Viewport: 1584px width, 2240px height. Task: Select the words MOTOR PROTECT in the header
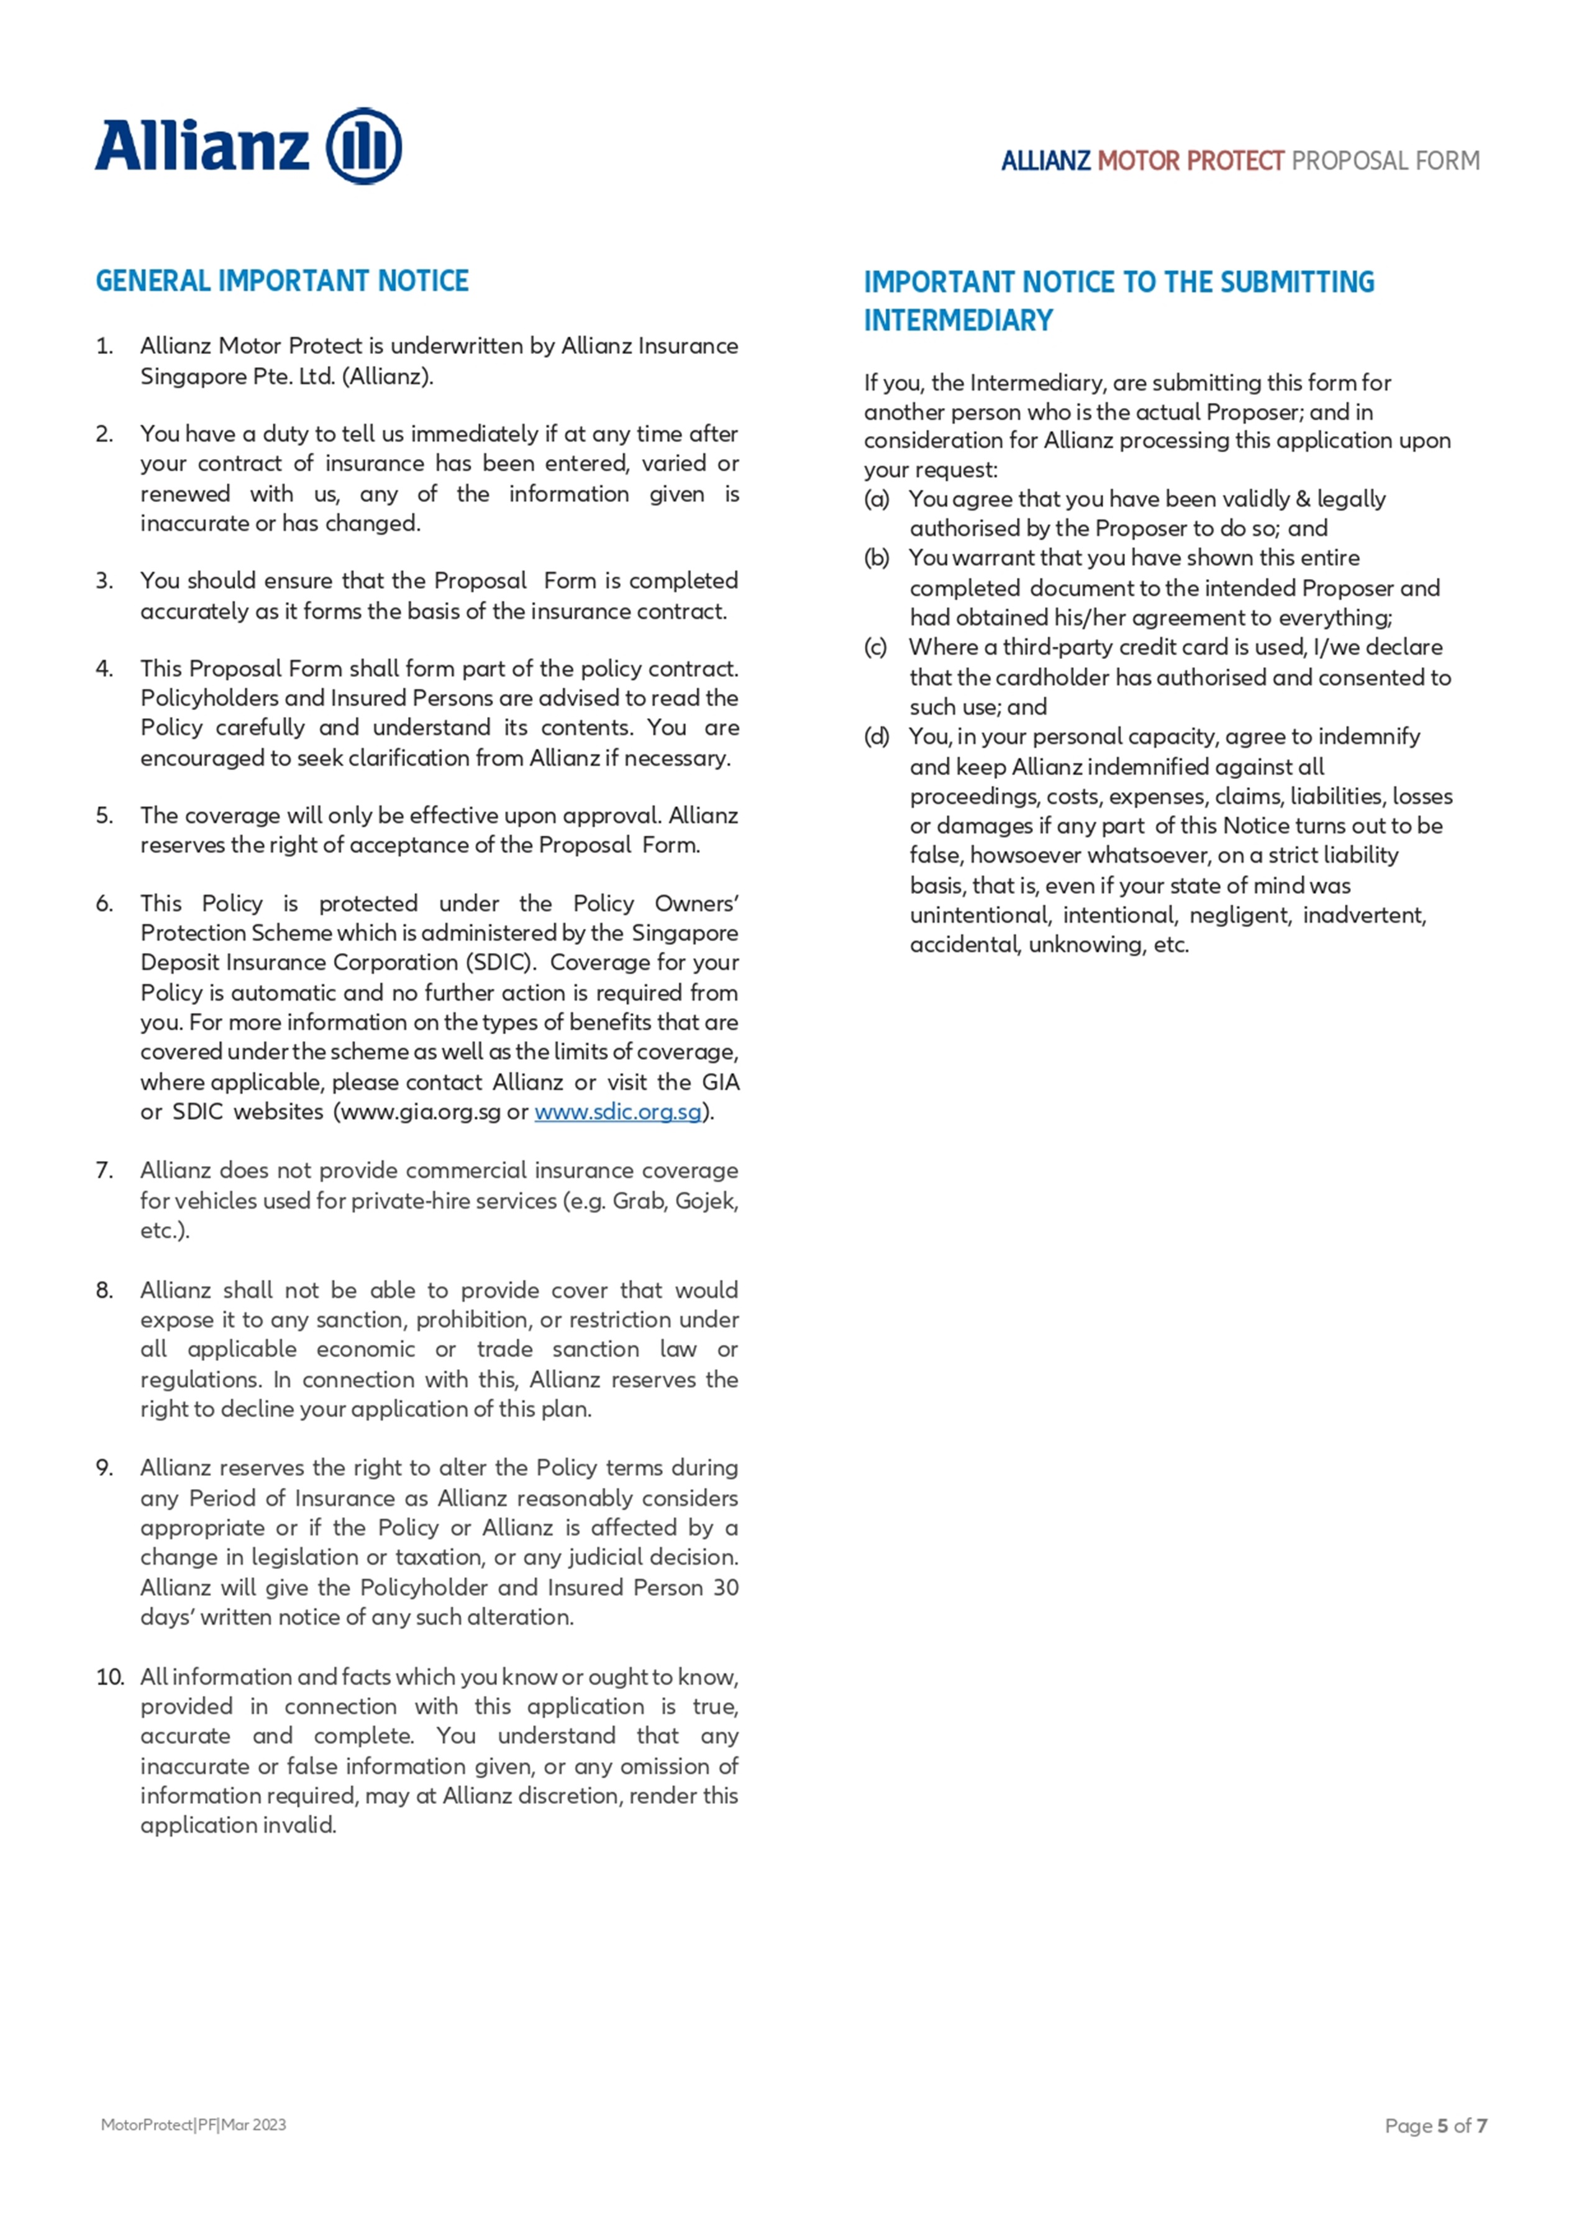click(1190, 161)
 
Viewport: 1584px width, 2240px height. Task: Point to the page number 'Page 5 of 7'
click(1436, 2125)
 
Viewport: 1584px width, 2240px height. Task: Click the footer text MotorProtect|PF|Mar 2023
click(193, 2124)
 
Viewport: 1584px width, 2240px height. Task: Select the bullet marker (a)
click(877, 499)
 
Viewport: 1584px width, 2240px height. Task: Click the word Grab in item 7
click(639, 1200)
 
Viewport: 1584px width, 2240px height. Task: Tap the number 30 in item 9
click(725, 1587)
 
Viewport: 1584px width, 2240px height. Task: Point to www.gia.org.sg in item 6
click(419, 1111)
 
